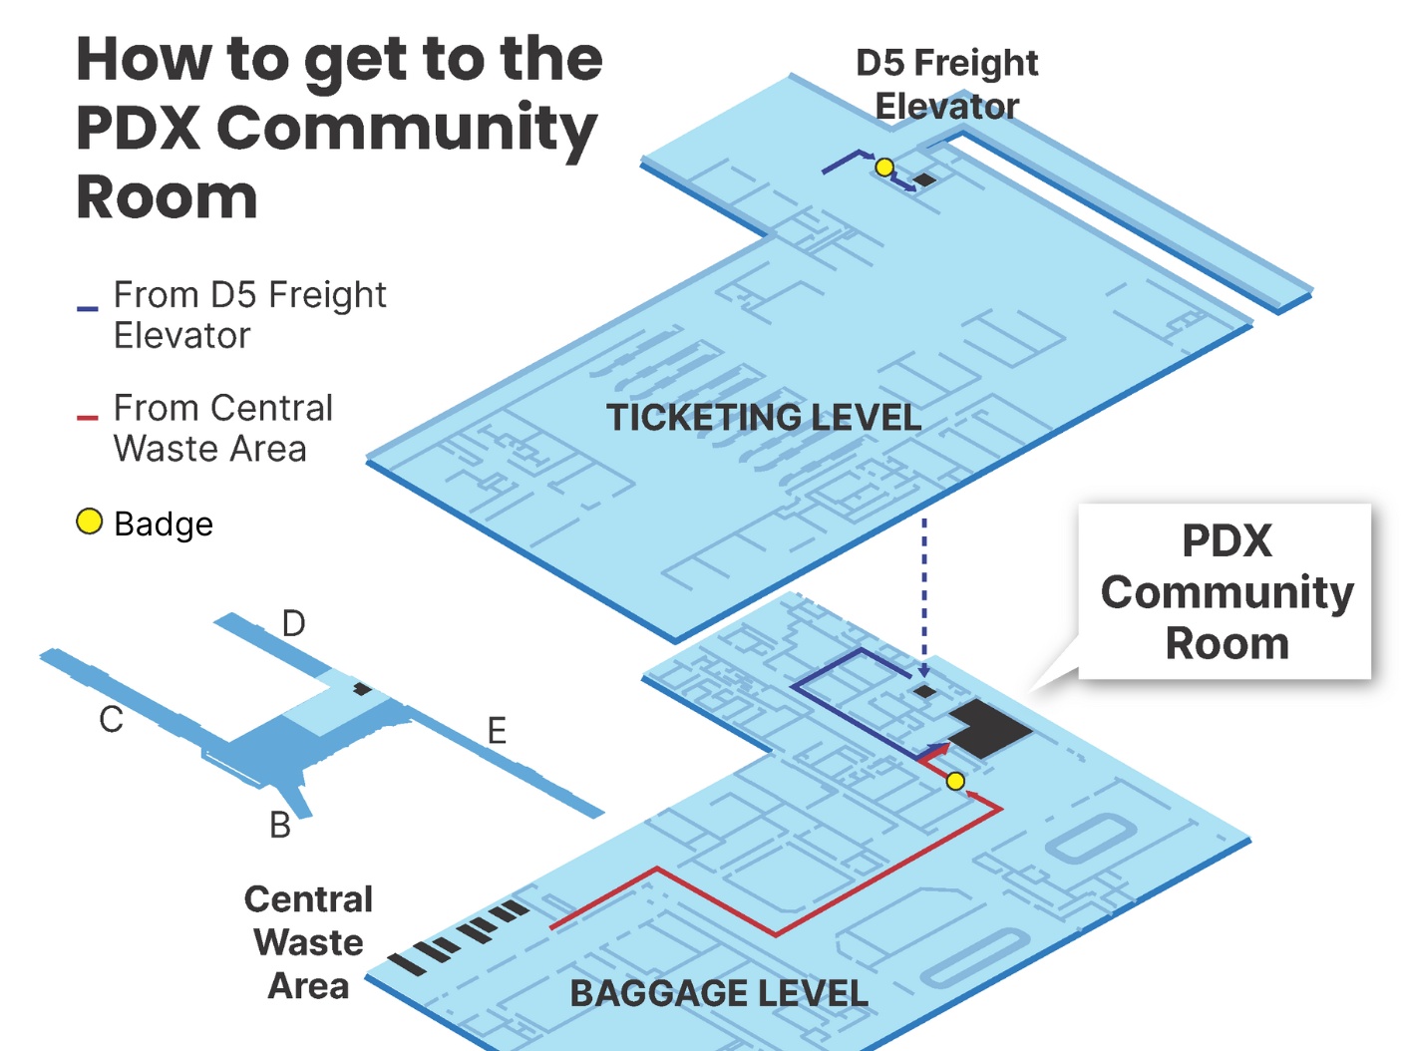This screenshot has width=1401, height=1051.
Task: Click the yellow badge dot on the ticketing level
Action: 884,167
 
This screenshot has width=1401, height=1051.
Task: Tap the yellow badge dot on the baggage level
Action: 955,781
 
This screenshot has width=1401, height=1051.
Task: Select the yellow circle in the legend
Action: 90,522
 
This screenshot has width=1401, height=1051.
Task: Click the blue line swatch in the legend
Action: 88,309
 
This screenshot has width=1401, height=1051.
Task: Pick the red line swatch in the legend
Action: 88,418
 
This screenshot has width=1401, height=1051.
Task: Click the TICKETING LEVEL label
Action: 764,417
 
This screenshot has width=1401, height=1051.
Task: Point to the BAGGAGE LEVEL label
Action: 718,993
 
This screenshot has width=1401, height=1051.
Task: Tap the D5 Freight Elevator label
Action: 946,84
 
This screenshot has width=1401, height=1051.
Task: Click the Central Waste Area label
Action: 308,942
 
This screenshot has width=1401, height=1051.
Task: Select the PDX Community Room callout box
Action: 1226,592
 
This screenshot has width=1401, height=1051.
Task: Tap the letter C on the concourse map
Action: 111,719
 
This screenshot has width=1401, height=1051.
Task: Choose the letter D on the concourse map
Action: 293,624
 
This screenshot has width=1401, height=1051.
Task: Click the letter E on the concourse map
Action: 497,731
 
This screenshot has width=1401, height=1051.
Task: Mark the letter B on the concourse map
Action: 280,826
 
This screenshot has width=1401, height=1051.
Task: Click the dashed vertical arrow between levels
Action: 924,598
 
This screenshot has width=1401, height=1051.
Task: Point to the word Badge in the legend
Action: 164,525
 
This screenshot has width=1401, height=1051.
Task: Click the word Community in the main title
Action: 407,128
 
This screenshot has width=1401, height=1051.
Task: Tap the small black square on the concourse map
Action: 363,689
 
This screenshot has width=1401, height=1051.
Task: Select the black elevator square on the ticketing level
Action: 925,179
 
